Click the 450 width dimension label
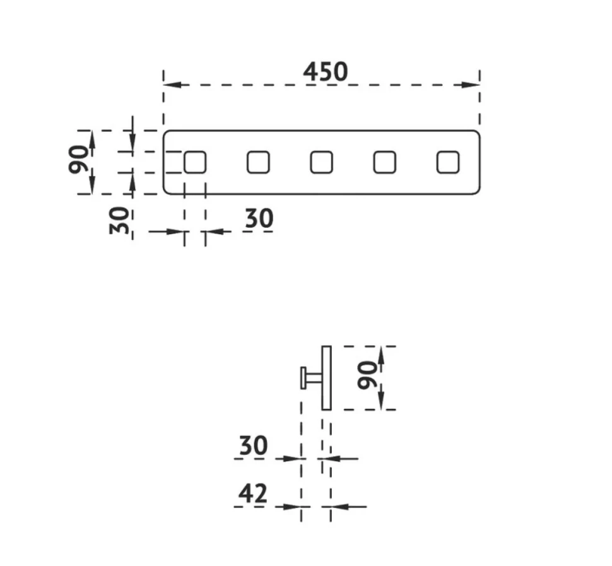pos(326,72)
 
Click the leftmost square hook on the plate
pos(195,162)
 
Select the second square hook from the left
pos(259,162)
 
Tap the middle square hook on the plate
pos(322,162)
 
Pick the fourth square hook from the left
pos(385,162)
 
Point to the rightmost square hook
pos(448,162)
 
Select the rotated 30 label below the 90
pos(119,221)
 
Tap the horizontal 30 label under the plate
pos(259,218)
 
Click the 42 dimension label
pos(253,493)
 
